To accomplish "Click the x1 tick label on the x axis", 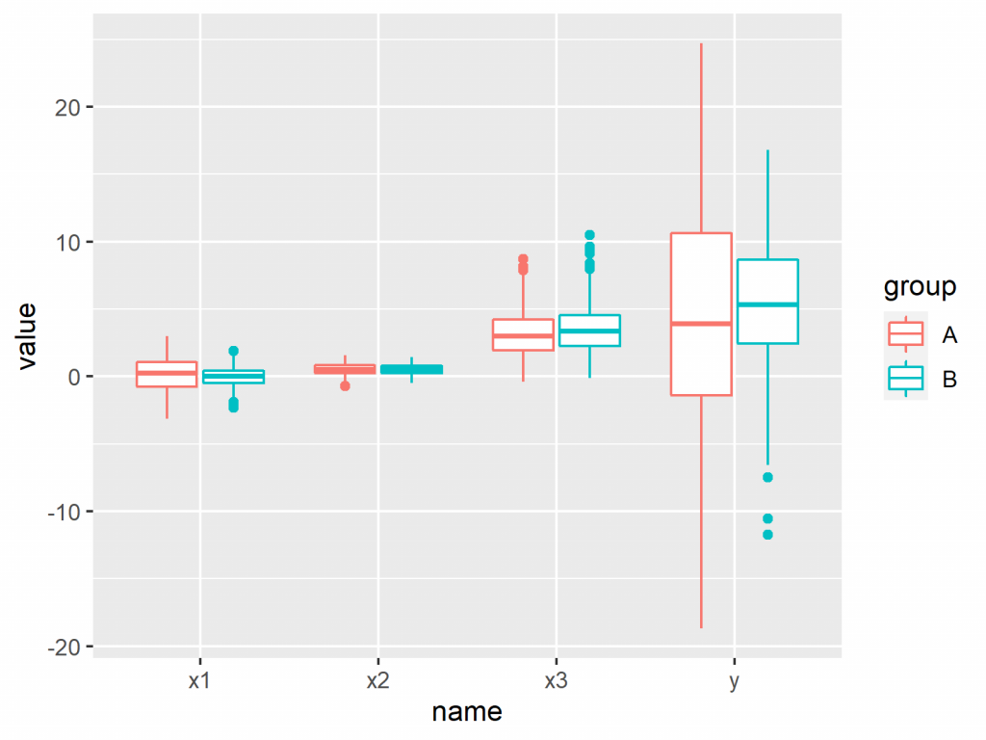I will coord(199,681).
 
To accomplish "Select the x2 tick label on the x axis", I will coord(377,681).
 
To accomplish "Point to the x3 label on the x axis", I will coord(556,681).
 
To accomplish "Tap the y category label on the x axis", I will coord(734,681).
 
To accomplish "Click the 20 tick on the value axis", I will coord(68,107).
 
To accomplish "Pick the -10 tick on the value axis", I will coord(65,512).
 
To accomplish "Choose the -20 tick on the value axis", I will coord(65,647).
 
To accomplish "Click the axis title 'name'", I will coord(467,712).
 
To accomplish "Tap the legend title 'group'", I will coord(920,287).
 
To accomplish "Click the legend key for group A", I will coord(905,333).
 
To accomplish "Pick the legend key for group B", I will coord(905,379).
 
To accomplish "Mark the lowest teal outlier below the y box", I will coord(767,535).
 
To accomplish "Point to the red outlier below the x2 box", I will coord(345,385).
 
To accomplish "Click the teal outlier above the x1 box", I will coord(233,351).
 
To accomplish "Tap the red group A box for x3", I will coord(523,334).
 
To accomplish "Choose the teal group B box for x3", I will coord(589,330).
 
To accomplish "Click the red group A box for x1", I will coord(167,374).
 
